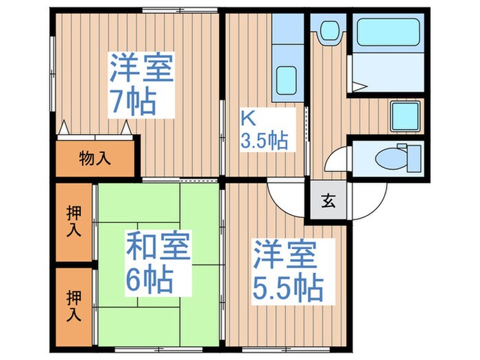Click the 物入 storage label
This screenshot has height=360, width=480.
click(95, 159)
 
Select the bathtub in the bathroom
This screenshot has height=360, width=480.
click(388, 32)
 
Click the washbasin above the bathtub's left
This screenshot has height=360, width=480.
click(331, 30)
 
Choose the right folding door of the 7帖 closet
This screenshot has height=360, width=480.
click(126, 128)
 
